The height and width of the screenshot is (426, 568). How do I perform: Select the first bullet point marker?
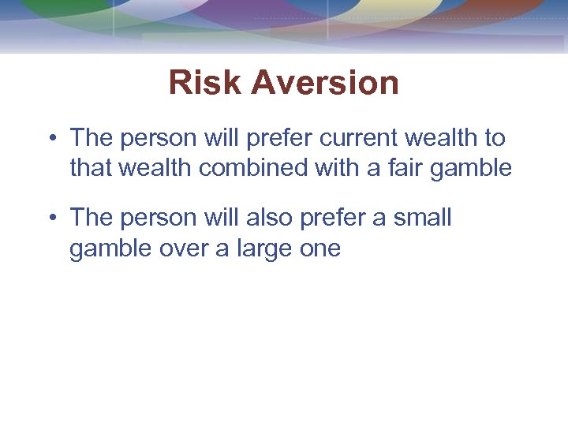[x=50, y=139]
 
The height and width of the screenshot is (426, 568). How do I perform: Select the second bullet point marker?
[x=50, y=218]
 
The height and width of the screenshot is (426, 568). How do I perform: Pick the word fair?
[x=415, y=167]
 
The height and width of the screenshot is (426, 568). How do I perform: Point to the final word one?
[x=319, y=249]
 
